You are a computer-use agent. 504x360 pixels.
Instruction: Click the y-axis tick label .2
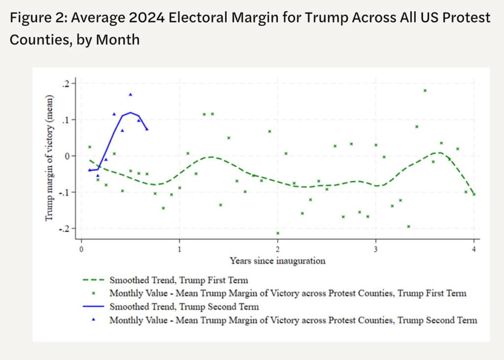[x=67, y=84]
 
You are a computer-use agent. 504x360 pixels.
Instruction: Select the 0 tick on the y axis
[x=68, y=156]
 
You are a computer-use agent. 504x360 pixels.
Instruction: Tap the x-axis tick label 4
[x=474, y=248]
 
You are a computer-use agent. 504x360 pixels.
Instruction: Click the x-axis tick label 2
[x=278, y=248]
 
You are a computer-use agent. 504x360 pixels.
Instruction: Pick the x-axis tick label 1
[x=180, y=248]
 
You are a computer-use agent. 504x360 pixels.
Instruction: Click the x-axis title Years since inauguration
[x=277, y=261]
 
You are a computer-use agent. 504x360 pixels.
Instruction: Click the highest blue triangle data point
[x=130, y=94]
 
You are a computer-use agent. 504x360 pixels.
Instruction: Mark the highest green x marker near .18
[x=425, y=90]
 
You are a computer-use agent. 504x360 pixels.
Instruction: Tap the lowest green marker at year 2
[x=278, y=233]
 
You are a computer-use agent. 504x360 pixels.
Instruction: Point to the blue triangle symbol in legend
[x=93, y=320]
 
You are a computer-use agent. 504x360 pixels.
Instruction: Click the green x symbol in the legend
[x=93, y=294]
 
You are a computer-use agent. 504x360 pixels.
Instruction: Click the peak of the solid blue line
[x=130, y=113]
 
